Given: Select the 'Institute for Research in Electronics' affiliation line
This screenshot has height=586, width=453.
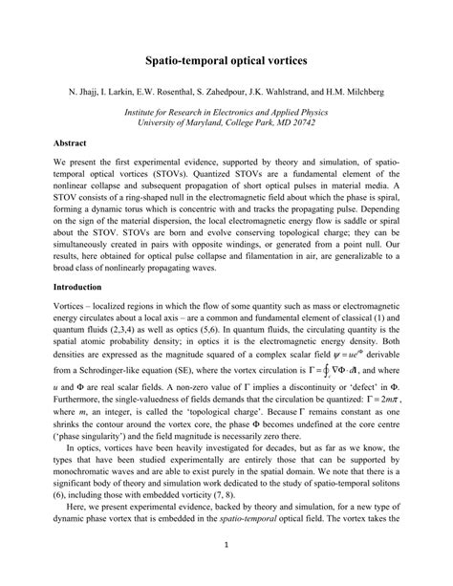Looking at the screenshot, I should [226, 111].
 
